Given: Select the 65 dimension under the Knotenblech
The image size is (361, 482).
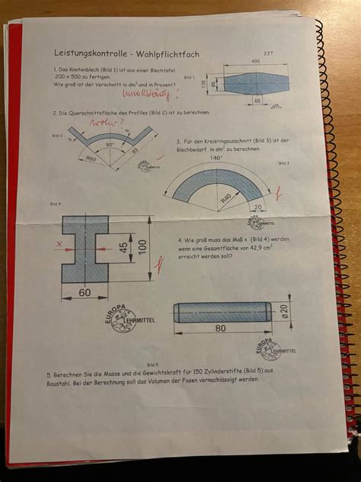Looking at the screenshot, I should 258,99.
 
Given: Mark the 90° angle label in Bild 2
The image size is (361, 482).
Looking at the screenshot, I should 110,143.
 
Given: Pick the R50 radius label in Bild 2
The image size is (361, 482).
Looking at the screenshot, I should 91,158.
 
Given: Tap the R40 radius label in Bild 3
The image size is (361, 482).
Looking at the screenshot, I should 226,196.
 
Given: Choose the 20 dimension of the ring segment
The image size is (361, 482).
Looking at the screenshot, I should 259,206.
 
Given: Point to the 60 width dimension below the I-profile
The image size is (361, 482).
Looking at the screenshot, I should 83,293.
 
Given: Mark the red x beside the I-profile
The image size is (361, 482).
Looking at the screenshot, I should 59,245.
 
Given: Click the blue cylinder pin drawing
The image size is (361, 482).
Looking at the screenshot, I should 222,312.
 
